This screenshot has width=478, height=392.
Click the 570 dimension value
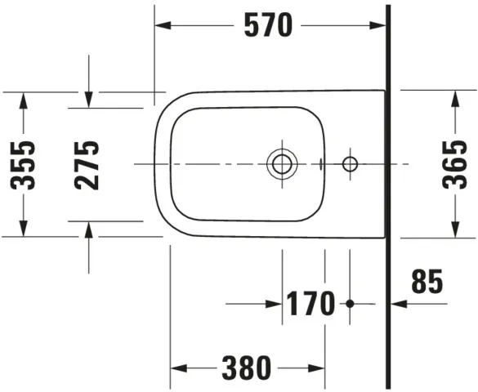click(268, 26)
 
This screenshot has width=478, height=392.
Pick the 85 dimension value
click(427, 283)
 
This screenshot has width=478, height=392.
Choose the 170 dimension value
click(310, 304)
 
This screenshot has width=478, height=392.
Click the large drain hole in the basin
click(282, 164)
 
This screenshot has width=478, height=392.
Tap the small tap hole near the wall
click(351, 164)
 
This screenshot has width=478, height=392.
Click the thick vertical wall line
click(389, 196)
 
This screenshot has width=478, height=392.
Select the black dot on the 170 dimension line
click(351, 304)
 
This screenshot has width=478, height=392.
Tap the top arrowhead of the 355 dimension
click(24, 98)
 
